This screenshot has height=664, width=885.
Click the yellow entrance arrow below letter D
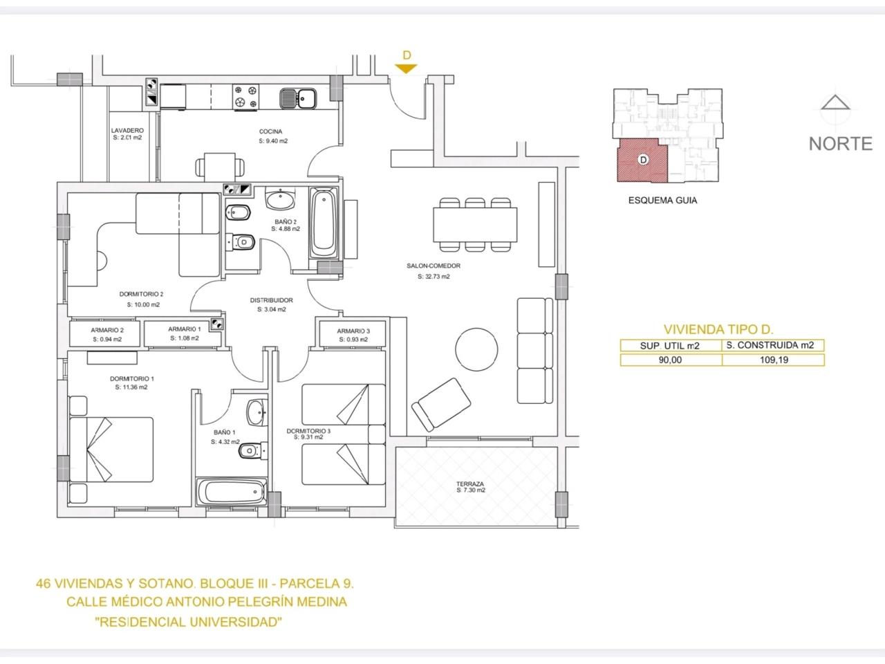(x=406, y=68)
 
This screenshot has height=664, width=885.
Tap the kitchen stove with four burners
(x=245, y=97)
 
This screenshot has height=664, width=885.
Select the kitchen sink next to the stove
(x=298, y=98)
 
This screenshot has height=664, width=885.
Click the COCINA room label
(x=270, y=131)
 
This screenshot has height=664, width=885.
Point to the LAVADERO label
(x=127, y=130)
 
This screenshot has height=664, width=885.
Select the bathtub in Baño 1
(x=232, y=492)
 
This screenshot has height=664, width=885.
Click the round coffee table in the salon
(x=476, y=349)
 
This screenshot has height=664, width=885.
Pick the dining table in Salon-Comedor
(x=475, y=225)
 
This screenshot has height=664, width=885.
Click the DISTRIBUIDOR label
(x=271, y=300)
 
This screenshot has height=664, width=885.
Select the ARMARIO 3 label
(x=353, y=331)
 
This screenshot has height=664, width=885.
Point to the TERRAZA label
(x=470, y=483)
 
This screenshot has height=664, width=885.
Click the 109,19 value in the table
(x=774, y=360)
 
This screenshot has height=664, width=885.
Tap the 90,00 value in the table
(x=670, y=360)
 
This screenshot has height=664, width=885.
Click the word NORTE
(x=840, y=144)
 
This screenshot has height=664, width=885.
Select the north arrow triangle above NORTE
(x=835, y=102)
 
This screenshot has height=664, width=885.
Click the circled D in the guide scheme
(x=643, y=160)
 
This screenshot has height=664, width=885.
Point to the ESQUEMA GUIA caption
(x=662, y=201)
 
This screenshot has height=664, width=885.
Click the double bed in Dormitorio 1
(x=111, y=450)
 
